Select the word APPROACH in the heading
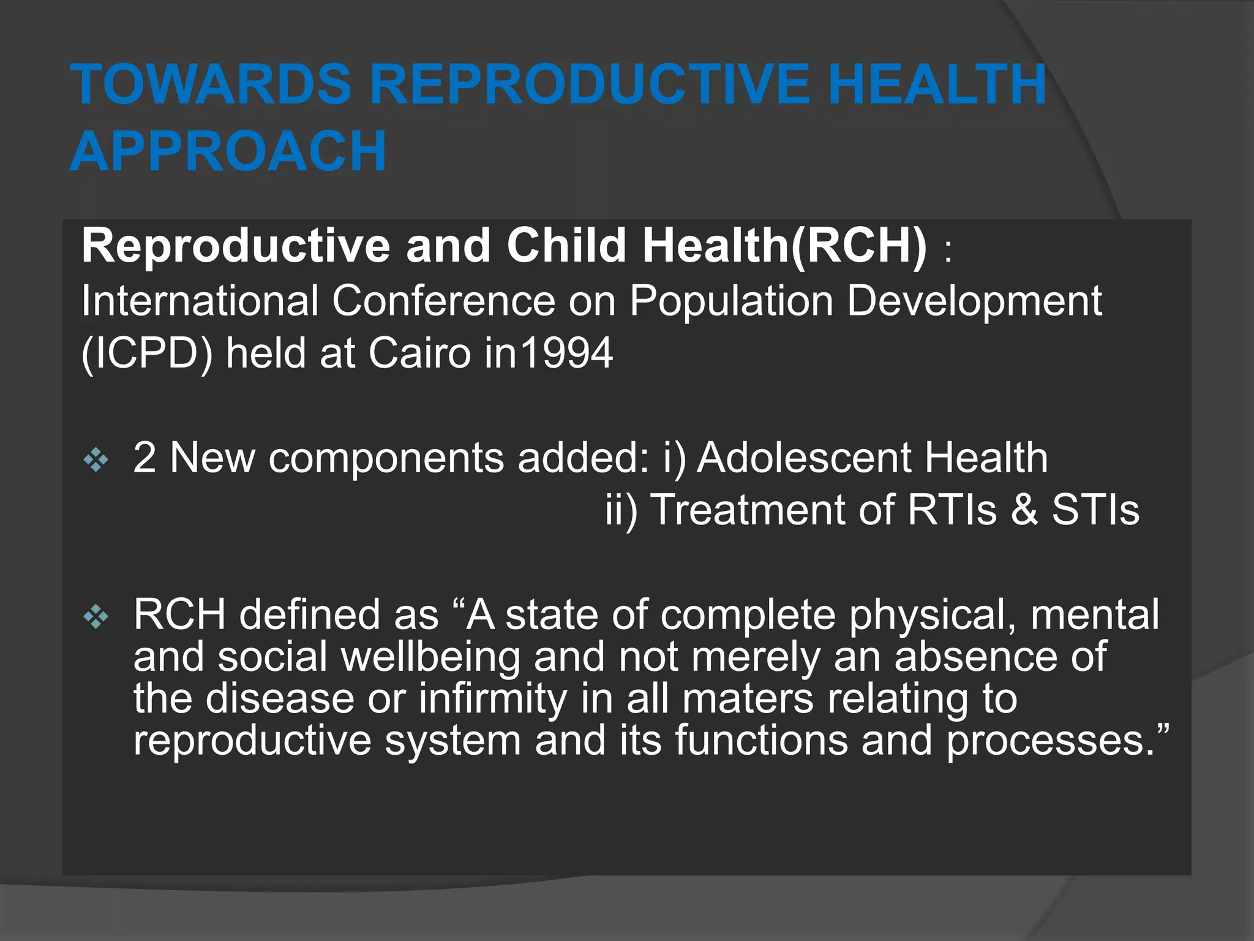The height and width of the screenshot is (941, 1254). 228,151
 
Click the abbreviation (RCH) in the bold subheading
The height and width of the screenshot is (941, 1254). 859,246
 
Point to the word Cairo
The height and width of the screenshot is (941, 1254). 419,353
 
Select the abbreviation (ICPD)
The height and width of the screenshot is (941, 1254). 147,353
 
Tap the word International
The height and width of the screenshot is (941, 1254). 200,301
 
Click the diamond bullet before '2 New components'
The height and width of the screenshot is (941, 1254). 96,459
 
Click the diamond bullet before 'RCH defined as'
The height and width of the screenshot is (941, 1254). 96,616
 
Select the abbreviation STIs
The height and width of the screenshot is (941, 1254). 1095,510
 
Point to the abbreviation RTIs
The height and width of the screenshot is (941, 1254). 952,510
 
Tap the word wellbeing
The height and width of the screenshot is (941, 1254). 430,657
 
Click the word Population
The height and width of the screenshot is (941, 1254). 731,301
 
